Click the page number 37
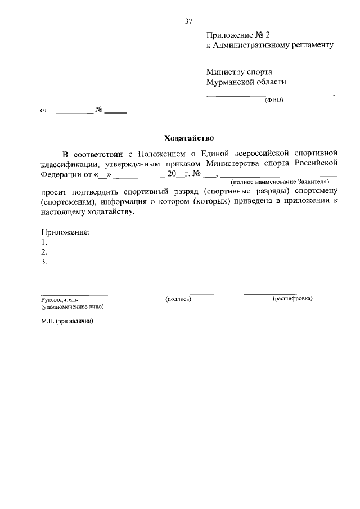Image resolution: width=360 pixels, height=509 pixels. tap(189, 21)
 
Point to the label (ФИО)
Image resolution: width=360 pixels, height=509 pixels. tap(274, 100)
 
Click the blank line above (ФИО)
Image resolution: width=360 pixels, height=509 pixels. tap(271, 96)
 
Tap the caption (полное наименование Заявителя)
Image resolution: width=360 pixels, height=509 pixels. tap(280, 182)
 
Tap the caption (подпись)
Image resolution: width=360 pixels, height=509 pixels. tap(178, 299)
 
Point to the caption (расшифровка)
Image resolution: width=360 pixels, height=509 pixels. tap(292, 299)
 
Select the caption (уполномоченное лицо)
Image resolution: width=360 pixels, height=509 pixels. tap(71, 307)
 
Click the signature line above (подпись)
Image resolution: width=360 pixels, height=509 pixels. tap(177, 294)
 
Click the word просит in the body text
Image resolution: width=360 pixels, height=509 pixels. tap(52, 192)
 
